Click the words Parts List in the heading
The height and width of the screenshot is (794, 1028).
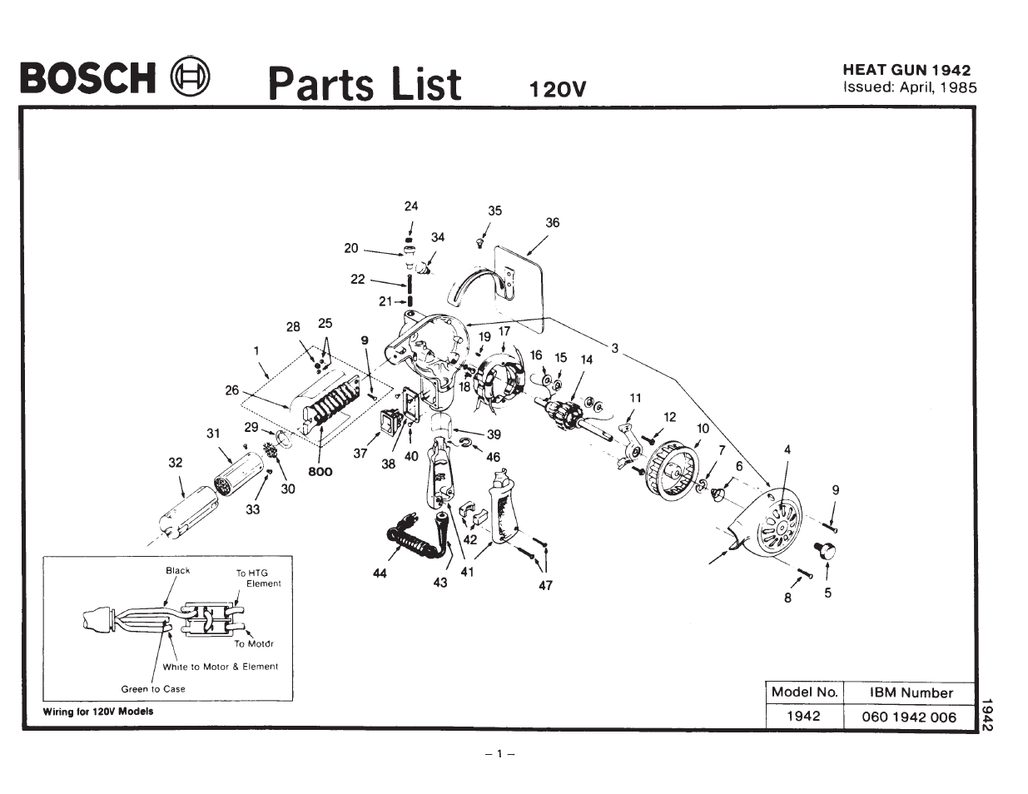pyautogui.click(x=364, y=83)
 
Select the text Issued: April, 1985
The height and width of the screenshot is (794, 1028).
pyautogui.click(x=909, y=87)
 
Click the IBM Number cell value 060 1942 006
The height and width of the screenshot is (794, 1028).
pyautogui.click(x=909, y=717)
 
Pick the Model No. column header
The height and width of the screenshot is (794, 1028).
pyautogui.click(x=804, y=692)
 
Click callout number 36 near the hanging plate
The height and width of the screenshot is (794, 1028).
pyautogui.click(x=553, y=222)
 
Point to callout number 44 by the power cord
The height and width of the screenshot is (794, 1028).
pyautogui.click(x=380, y=573)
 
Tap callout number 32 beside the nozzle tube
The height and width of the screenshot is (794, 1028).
pyautogui.click(x=175, y=463)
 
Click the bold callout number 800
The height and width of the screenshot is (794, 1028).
pyautogui.click(x=320, y=472)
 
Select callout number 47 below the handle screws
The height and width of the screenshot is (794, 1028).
pyautogui.click(x=545, y=585)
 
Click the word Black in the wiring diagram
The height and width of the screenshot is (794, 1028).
pyautogui.click(x=177, y=571)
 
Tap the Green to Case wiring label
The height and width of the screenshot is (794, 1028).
pyautogui.click(x=153, y=689)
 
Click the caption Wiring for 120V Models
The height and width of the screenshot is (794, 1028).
pyautogui.click(x=98, y=712)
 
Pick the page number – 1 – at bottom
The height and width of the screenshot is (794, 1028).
pyautogui.click(x=500, y=754)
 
